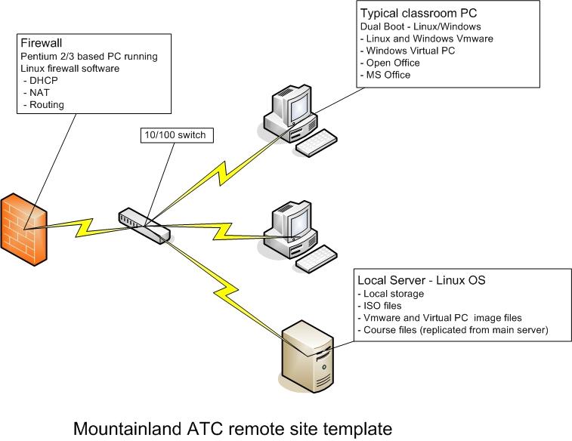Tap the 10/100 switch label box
click(173, 136)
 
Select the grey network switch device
click(143, 226)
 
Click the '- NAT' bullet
click(37, 92)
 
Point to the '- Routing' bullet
click(43, 104)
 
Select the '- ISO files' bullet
click(383, 305)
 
